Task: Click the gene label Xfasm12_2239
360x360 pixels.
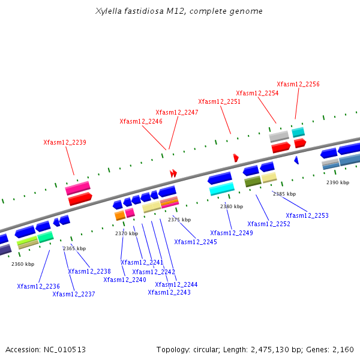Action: point(65,143)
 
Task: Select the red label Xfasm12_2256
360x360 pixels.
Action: point(298,85)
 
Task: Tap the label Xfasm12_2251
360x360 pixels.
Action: point(220,102)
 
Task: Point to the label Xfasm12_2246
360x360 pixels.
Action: point(141,121)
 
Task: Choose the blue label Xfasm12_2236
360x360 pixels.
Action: point(38,287)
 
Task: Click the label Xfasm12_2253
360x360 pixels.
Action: point(307,216)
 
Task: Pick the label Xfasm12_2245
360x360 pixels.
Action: point(196,242)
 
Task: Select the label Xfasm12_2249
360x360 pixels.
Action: point(232,233)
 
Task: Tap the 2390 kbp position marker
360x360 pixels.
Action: point(338,182)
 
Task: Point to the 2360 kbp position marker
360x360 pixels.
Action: point(23,264)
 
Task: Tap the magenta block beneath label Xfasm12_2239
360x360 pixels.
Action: point(77,188)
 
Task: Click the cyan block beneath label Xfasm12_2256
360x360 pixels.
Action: point(298,132)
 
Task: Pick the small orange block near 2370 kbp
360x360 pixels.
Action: point(120,215)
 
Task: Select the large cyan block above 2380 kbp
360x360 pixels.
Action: point(222,189)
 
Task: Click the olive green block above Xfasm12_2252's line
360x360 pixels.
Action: point(253,181)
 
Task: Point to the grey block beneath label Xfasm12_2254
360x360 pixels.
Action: point(279,136)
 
